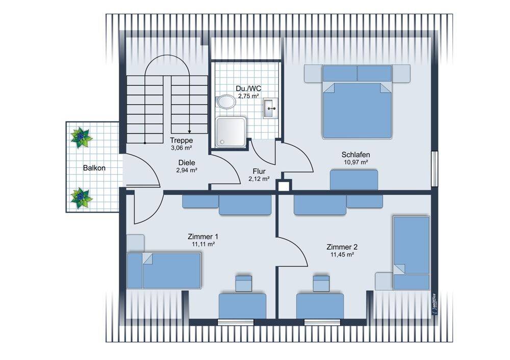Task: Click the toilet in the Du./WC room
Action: [x=226, y=101]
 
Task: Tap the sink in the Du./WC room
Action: [x=271, y=108]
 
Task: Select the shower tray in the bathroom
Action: [x=231, y=133]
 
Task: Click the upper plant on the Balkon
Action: [x=81, y=137]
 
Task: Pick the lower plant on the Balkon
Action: [x=81, y=198]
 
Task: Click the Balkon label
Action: [x=94, y=168]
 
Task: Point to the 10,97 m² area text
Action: [x=356, y=162]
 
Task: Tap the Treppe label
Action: [x=182, y=141]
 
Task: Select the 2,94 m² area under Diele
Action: [x=187, y=170]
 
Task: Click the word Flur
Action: [x=259, y=171]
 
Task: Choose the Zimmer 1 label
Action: [x=203, y=237]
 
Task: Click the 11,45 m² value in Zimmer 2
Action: [x=342, y=254]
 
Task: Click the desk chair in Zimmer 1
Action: [x=244, y=283]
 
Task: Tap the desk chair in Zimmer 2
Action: [x=321, y=283]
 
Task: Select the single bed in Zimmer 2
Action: [x=412, y=253]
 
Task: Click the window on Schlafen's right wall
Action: [x=435, y=169]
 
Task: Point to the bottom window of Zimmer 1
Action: [x=236, y=322]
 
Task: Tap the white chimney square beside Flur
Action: [x=284, y=186]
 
